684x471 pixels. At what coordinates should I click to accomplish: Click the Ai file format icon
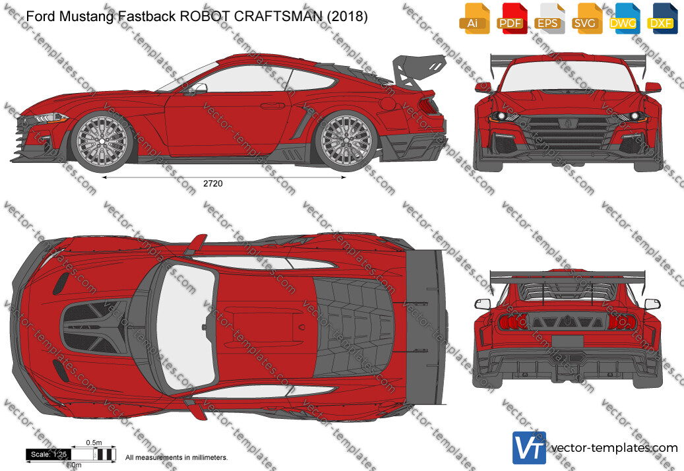click(x=474, y=18)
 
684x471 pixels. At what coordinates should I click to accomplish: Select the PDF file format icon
click(x=512, y=18)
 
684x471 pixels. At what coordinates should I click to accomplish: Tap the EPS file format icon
click(x=549, y=18)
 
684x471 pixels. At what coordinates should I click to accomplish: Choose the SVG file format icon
click(x=587, y=18)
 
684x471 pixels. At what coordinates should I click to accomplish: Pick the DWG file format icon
click(x=624, y=18)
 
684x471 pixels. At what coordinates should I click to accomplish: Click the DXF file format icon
click(x=662, y=18)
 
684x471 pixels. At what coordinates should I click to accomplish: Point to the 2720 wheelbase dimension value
click(x=213, y=183)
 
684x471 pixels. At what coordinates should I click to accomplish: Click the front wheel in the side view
click(x=102, y=141)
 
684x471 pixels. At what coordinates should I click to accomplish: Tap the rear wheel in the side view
click(x=346, y=141)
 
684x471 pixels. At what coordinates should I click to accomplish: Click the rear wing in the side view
click(x=418, y=70)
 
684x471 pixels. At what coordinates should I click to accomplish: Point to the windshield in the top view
click(x=187, y=327)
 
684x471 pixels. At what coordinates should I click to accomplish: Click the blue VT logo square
click(x=529, y=447)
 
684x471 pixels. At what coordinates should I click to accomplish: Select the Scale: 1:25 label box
click(x=48, y=455)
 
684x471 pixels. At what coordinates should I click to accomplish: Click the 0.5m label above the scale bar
click(x=94, y=443)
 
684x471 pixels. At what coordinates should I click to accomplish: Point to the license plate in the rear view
click(x=567, y=341)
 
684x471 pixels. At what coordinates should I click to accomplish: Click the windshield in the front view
click(x=568, y=76)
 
